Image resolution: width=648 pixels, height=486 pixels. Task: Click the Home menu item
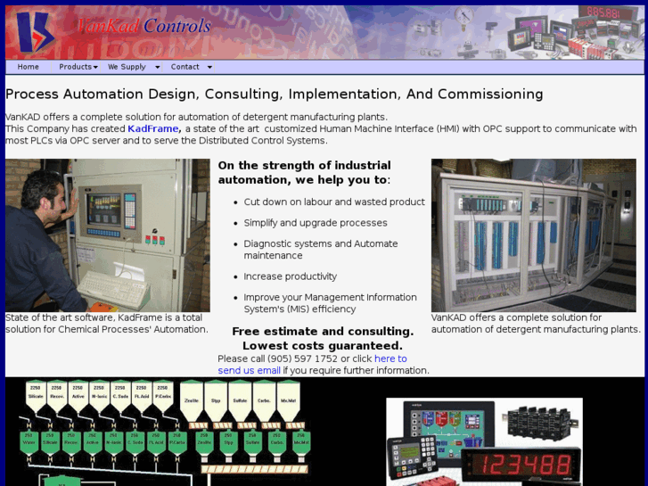29,67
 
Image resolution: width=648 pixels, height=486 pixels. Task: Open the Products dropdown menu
78,67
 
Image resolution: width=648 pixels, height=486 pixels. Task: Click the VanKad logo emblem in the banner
33,32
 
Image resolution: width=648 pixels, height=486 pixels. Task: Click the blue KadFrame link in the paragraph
153,128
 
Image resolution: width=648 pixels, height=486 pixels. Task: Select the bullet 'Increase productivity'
291,276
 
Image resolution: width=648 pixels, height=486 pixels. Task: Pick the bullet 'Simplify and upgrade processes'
316,223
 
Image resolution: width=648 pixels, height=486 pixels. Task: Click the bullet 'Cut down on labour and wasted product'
334,202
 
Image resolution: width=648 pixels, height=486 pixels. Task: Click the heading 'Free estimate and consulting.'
323,331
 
